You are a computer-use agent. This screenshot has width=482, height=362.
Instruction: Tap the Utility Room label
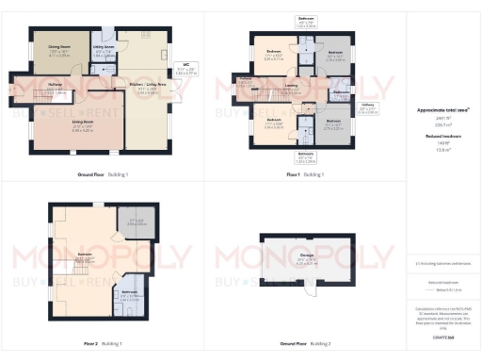coord(104,48)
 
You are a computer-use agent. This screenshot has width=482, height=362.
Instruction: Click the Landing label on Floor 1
coord(293,90)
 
